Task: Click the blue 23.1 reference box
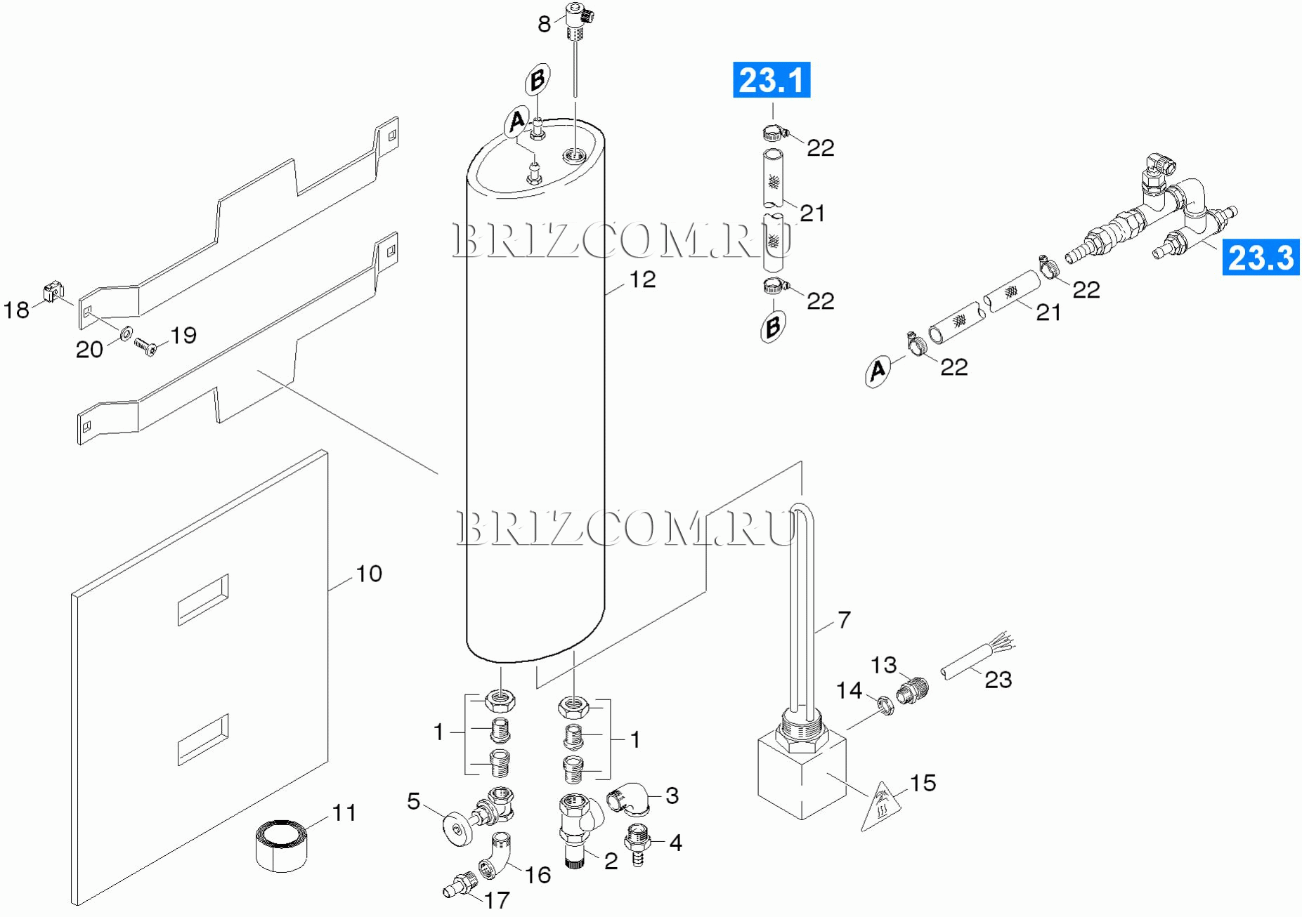tap(771, 80)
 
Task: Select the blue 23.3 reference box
tap(1261, 257)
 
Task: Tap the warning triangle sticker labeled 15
tap(883, 806)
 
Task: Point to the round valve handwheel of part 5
tap(458, 829)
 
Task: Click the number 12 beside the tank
tap(642, 279)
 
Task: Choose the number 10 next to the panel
tap(369, 574)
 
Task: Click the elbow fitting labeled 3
tap(628, 799)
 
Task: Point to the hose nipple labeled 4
tap(637, 844)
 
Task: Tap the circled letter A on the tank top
tap(517, 121)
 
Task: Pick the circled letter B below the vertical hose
tap(773, 327)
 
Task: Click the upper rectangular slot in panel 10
tap(203, 599)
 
